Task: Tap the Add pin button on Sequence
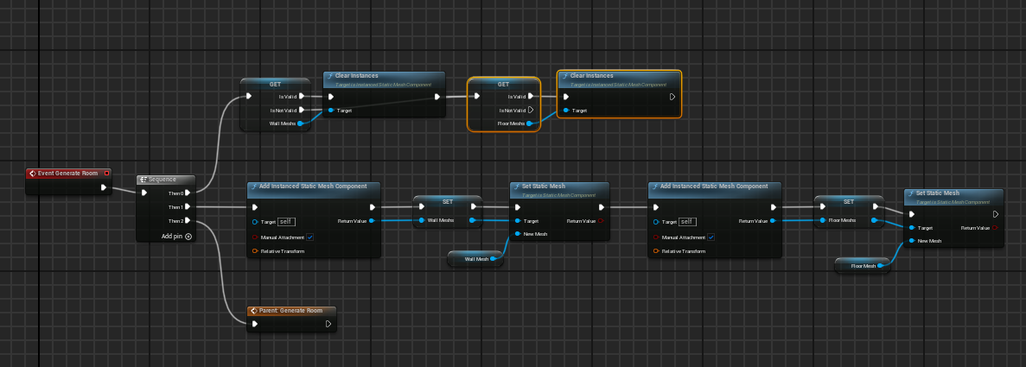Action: (x=188, y=236)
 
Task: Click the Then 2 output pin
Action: (x=188, y=221)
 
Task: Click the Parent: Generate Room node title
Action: (x=290, y=310)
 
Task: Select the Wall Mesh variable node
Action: (x=476, y=258)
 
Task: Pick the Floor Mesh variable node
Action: (x=863, y=266)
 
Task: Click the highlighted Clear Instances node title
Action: (x=593, y=76)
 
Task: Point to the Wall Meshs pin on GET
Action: (x=301, y=123)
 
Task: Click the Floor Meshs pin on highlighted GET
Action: (x=529, y=123)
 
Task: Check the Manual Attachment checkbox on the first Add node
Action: (x=309, y=237)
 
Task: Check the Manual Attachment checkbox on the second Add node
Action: (x=711, y=237)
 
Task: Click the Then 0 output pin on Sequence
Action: (x=188, y=193)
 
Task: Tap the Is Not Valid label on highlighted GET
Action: (x=513, y=111)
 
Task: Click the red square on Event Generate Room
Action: (x=106, y=173)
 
